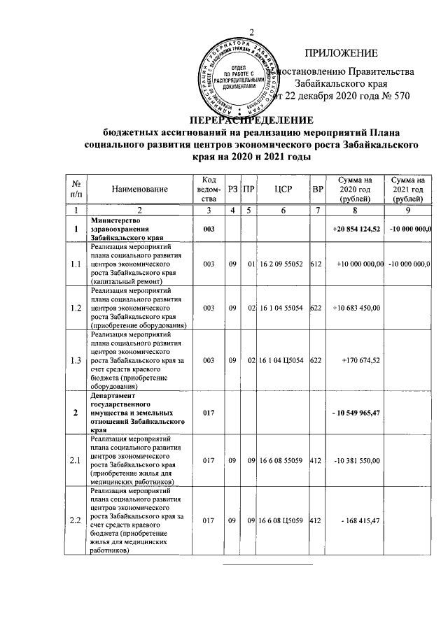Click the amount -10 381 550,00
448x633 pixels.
357,460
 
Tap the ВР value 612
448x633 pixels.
317,263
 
